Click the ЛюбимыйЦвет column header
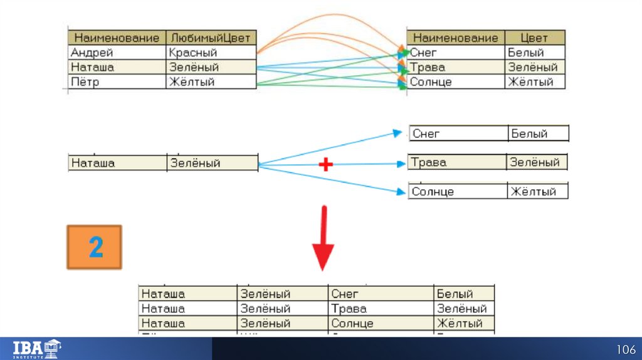(211, 38)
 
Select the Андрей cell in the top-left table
(117, 53)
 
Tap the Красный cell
(211, 53)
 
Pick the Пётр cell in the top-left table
(117, 82)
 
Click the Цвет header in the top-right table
(534, 38)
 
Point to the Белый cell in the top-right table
(534, 53)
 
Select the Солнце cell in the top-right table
(456, 82)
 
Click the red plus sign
(325, 164)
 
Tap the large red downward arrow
(323, 238)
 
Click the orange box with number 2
(95, 248)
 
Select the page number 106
(625, 349)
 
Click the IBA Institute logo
(37, 348)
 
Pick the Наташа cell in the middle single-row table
(117, 163)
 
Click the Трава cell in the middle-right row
(457, 162)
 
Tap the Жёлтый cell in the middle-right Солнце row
(537, 192)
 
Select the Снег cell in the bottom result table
(380, 294)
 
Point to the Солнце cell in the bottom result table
(380, 324)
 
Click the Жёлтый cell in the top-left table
(211, 82)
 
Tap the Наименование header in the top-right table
(456, 38)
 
